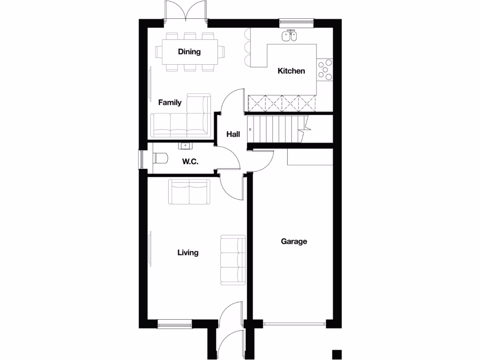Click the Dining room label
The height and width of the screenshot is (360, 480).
tap(189, 52)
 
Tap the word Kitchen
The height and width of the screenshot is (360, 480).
tap(291, 71)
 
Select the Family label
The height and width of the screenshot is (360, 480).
tap(170, 102)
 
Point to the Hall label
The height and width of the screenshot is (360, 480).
tap(233, 135)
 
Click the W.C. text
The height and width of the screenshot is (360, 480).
tap(190, 162)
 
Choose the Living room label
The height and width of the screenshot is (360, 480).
tap(187, 253)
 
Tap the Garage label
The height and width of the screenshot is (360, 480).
tap(294, 241)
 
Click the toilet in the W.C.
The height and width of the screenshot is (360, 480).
tap(159, 158)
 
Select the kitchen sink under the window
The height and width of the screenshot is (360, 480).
tap(290, 36)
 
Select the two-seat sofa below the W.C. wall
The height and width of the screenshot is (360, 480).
tap(189, 192)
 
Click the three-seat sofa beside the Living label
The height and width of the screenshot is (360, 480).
tap(233, 261)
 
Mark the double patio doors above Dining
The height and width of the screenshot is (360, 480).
tap(186, 11)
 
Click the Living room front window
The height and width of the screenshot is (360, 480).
tap(174, 322)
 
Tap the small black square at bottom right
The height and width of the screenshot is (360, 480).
tap(336, 354)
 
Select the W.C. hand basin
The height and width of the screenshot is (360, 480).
tap(184, 146)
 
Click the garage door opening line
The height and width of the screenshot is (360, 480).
tap(294, 323)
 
